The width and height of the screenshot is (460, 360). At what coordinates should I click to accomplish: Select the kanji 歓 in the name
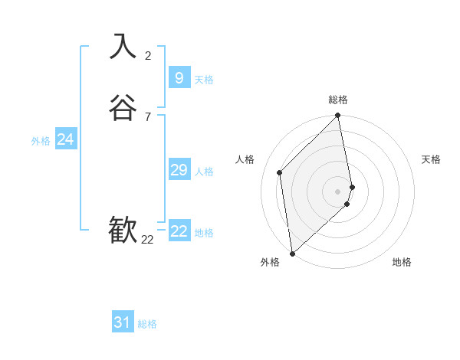pos(123,230)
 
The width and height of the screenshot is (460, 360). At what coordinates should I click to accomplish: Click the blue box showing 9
pos(179,77)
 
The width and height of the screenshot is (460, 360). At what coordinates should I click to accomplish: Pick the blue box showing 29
pos(179,170)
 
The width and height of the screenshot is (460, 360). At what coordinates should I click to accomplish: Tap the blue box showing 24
pos(65,139)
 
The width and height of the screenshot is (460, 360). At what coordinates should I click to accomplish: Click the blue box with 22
pos(179,231)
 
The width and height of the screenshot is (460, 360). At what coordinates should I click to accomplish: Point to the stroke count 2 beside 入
pos(148,55)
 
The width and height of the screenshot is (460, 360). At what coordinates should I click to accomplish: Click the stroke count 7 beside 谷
pos(148,116)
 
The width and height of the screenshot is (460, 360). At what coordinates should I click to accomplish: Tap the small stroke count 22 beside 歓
pos(147,240)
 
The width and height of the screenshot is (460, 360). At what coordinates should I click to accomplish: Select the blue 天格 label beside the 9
pos(204,80)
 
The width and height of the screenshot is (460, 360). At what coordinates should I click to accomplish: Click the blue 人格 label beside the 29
pos(204,172)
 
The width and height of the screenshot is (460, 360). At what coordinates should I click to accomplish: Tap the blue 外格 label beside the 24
pos(41,141)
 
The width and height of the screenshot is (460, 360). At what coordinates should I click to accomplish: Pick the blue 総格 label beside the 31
pos(147,325)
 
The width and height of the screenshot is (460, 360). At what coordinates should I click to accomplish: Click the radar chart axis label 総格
pos(338,100)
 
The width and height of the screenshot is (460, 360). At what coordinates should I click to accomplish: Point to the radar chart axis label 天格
pos(431,159)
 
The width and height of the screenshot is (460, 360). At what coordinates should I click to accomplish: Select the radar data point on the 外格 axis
pos(291,253)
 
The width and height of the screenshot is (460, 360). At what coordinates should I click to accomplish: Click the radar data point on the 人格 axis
pos(280,172)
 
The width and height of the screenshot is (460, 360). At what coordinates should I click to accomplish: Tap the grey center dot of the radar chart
pos(337,191)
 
